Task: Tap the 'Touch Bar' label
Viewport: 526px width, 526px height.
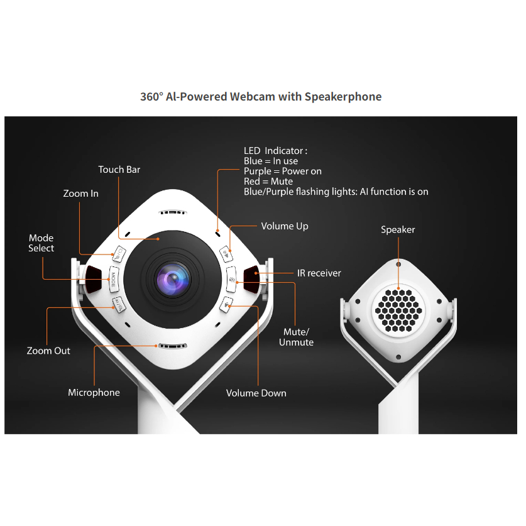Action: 119,170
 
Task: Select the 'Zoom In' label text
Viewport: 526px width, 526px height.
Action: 81,194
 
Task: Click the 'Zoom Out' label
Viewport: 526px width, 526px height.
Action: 48,351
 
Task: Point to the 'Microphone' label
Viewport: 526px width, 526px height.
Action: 94,393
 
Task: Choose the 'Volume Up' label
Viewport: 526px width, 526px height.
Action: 285,226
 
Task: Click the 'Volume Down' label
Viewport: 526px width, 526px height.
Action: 256,393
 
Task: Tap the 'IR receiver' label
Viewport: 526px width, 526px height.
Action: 319,273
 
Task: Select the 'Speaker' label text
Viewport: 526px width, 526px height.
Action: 398,230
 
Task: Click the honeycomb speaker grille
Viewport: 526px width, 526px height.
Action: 398,310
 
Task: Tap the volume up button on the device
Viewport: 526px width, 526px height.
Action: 227,254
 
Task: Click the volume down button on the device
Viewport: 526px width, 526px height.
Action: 226,305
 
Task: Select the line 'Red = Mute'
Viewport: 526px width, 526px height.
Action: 268,182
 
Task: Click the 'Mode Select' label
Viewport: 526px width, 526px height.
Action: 41,243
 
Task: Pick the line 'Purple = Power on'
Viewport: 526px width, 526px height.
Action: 283,172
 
